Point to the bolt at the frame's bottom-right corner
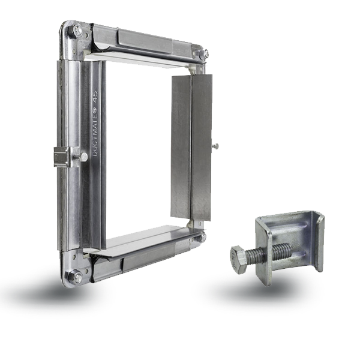click(202, 238)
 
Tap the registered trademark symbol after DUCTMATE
click(95, 103)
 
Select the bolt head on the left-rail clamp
click(83, 157)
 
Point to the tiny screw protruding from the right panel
click(215, 146)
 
